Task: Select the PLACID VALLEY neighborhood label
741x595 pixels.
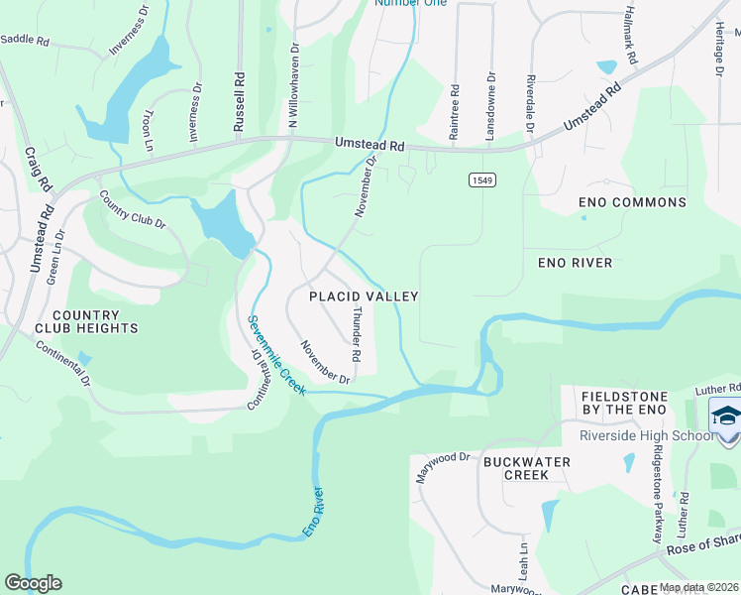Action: pyautogui.click(x=364, y=297)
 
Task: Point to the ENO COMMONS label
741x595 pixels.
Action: pyautogui.click(x=632, y=202)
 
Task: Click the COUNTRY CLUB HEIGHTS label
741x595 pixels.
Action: pyautogui.click(x=85, y=319)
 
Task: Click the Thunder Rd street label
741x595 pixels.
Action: pyautogui.click(x=356, y=332)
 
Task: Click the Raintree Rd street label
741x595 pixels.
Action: pyautogui.click(x=455, y=109)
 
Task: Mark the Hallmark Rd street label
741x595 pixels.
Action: pyautogui.click(x=628, y=35)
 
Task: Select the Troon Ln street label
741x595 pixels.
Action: pyautogui.click(x=149, y=130)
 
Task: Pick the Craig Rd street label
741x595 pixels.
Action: pyautogui.click(x=37, y=170)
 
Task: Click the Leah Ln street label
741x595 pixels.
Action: pyautogui.click(x=522, y=561)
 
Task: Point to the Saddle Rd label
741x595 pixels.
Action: pyautogui.click(x=25, y=40)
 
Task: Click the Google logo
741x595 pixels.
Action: pyautogui.click(x=33, y=583)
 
